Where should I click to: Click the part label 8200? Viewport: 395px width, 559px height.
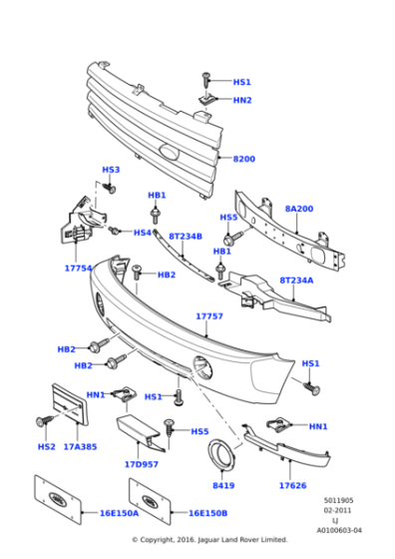(x=244, y=160)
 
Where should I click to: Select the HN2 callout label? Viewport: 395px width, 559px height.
(x=242, y=101)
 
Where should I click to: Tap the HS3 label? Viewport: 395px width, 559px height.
(x=111, y=171)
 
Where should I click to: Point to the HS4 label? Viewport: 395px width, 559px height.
(x=143, y=233)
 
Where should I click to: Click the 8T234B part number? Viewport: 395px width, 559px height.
(x=185, y=237)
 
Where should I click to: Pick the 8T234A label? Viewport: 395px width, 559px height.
(x=296, y=280)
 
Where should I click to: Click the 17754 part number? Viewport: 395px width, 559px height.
(x=78, y=268)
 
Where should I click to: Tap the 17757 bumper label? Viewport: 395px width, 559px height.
(x=208, y=316)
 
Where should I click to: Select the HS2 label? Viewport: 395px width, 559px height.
(x=46, y=446)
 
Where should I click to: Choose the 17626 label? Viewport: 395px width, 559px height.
(x=292, y=486)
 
